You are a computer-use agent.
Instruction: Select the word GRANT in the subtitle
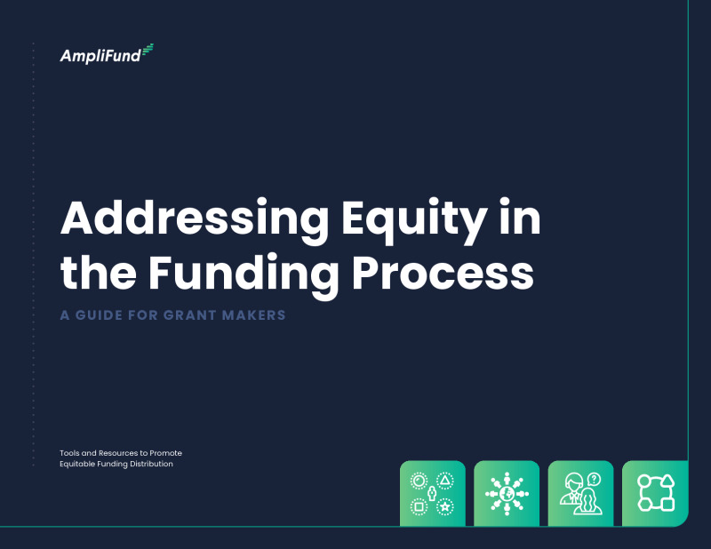(196, 315)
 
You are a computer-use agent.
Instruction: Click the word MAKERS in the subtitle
(259, 315)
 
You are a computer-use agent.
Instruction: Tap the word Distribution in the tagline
(150, 464)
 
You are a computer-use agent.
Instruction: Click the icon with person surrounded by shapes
(432, 493)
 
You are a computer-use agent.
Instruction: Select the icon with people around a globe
(507, 493)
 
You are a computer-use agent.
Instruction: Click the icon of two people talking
(580, 493)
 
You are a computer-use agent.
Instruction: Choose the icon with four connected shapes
(655, 493)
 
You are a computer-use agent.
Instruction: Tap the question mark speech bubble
(594, 480)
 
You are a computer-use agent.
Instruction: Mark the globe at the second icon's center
(507, 493)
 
